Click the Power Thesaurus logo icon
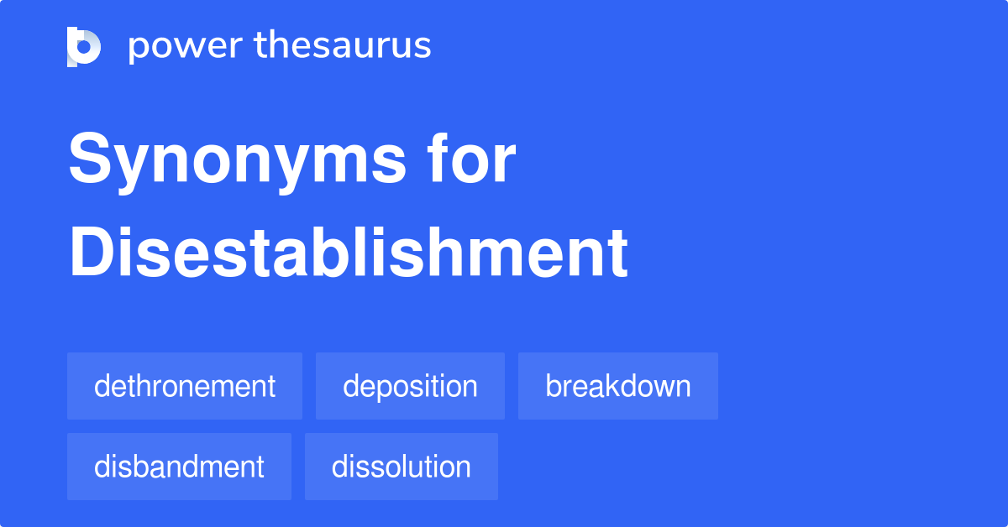tap(84, 46)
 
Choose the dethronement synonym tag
tap(185, 386)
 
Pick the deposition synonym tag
tap(410, 386)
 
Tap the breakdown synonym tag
tap(618, 386)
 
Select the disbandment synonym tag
tap(179, 467)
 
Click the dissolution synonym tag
tap(402, 467)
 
